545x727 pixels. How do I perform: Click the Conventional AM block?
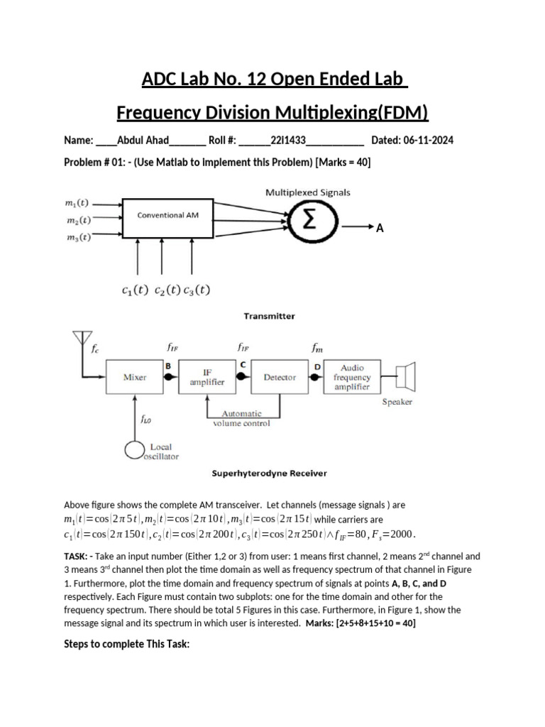point(167,214)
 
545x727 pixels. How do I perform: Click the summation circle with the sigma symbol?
point(309,221)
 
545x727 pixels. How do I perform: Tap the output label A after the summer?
point(380,228)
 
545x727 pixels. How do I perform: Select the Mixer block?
point(135,378)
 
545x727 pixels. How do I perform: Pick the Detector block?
point(280,378)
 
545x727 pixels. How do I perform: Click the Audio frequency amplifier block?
point(353,378)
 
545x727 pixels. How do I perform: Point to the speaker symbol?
point(406,376)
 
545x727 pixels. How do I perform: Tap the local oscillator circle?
point(136,452)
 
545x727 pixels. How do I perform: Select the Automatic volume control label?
point(241,418)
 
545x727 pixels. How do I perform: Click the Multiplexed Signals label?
point(307,192)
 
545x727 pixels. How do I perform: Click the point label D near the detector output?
point(316,366)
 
